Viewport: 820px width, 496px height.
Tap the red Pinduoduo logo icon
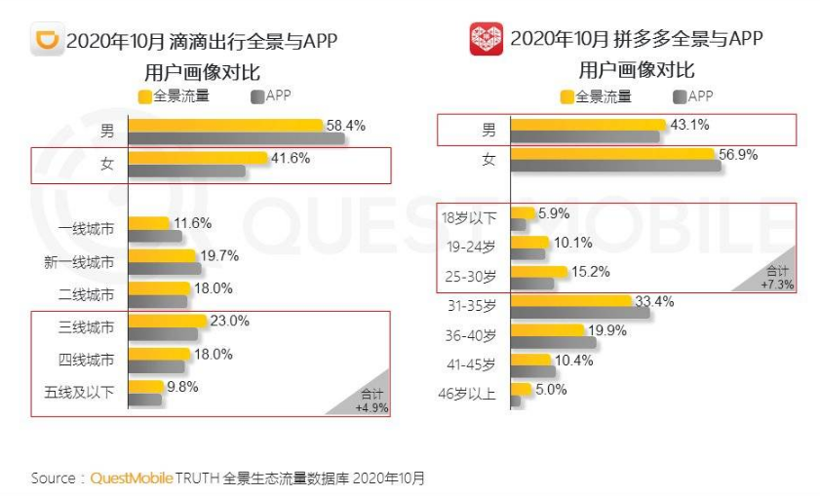(487, 40)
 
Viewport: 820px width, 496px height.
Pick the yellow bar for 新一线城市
(164, 256)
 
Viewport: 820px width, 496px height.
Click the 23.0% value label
(230, 321)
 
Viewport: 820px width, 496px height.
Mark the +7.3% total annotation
(778, 285)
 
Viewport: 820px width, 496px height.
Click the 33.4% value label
(656, 301)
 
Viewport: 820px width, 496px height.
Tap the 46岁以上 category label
(470, 395)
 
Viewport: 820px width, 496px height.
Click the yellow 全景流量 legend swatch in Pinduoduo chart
(566, 96)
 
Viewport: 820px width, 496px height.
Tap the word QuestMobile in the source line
(132, 478)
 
